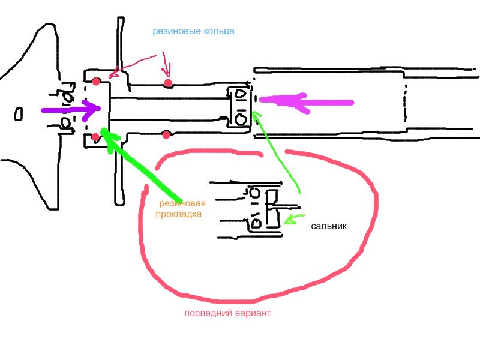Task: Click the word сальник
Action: (x=329, y=227)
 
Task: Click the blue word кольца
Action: (x=218, y=31)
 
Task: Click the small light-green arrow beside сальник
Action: (x=292, y=220)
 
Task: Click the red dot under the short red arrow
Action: (x=168, y=82)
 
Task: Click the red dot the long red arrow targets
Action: (x=97, y=81)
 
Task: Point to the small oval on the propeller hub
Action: (x=19, y=113)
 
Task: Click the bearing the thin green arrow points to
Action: (x=240, y=107)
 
